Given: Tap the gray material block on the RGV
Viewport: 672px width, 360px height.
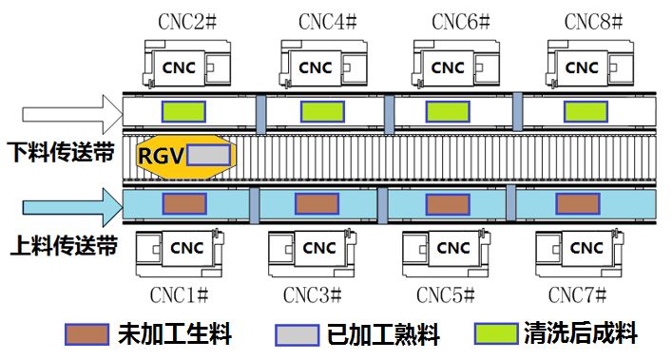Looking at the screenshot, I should pyautogui.click(x=208, y=156).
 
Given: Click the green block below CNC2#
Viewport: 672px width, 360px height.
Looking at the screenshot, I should pyautogui.click(x=183, y=111).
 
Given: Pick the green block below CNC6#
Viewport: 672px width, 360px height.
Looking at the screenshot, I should pyautogui.click(x=449, y=111).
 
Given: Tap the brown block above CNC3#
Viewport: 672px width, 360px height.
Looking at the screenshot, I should pyautogui.click(x=317, y=203).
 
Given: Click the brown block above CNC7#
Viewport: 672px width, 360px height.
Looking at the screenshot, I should pyautogui.click(x=577, y=203).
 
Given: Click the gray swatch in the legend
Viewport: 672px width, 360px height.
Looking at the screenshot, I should pyautogui.click(x=295, y=334).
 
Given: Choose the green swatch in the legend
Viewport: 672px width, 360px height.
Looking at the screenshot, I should pyautogui.click(x=495, y=334).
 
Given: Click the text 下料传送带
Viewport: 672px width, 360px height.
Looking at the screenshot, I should pyautogui.click(x=61, y=154).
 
